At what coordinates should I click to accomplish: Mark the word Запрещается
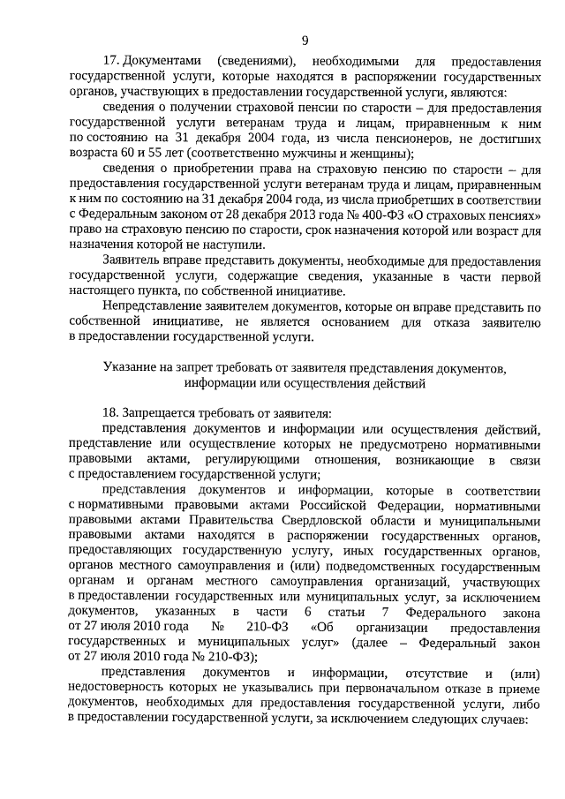click(x=166, y=413)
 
